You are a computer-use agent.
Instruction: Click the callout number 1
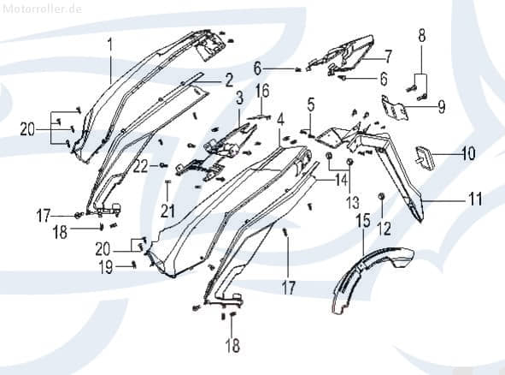click(x=110, y=46)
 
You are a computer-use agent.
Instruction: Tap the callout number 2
click(x=229, y=80)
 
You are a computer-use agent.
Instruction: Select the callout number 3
click(x=239, y=98)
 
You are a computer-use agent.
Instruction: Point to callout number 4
click(x=280, y=119)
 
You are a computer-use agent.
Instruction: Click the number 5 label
click(x=310, y=105)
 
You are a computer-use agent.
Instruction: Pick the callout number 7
click(x=387, y=57)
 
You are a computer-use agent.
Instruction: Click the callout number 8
click(x=422, y=35)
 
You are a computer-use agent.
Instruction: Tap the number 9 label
click(x=442, y=106)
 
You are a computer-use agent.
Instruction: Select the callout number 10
click(x=468, y=153)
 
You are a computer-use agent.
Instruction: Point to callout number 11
click(x=475, y=199)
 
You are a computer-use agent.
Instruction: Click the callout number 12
click(x=385, y=229)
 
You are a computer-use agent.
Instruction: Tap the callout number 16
click(x=262, y=91)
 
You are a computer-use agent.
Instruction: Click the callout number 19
click(x=106, y=267)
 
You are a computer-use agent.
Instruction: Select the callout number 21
click(x=167, y=211)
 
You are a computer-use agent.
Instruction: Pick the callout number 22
click(x=141, y=167)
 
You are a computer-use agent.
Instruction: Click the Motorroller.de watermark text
click(x=42, y=9)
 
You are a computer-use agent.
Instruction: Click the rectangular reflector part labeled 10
click(x=425, y=157)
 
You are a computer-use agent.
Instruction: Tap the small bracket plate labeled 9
click(x=395, y=108)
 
